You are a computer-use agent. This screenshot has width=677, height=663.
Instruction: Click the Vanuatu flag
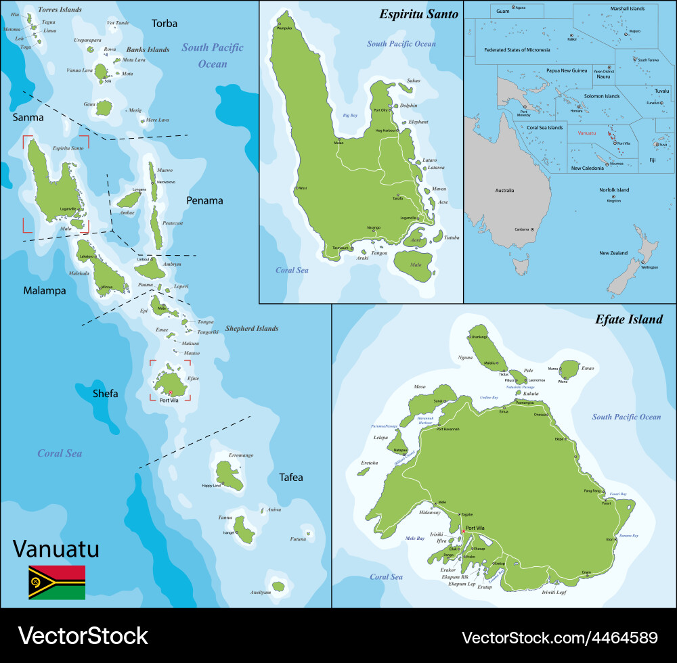point(57,582)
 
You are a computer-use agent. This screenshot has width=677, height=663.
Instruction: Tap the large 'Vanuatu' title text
point(56,549)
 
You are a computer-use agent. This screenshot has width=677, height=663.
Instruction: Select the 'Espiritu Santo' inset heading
point(418,14)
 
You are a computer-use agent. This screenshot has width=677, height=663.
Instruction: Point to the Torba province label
point(165,24)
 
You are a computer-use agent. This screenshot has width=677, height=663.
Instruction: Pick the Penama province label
point(205,200)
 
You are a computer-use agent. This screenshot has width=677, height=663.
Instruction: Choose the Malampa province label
point(45,291)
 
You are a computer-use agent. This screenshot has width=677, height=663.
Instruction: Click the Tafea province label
point(291,478)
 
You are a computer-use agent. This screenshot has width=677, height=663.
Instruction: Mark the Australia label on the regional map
point(502,191)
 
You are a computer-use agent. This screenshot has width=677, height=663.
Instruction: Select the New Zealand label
point(613,253)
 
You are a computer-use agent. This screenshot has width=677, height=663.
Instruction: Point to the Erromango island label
point(240,455)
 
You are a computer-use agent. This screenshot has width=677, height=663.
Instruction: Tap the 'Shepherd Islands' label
point(252,329)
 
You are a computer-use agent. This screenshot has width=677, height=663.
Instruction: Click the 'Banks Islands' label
point(148,49)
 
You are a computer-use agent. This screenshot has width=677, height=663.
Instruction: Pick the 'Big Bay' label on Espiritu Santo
point(350,116)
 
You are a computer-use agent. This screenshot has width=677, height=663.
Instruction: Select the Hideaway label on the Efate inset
point(429,512)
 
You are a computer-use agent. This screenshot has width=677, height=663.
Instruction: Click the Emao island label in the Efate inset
point(587,368)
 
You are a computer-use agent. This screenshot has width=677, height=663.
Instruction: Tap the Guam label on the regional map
point(502,12)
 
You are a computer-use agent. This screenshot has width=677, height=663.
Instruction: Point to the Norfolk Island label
point(614,190)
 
